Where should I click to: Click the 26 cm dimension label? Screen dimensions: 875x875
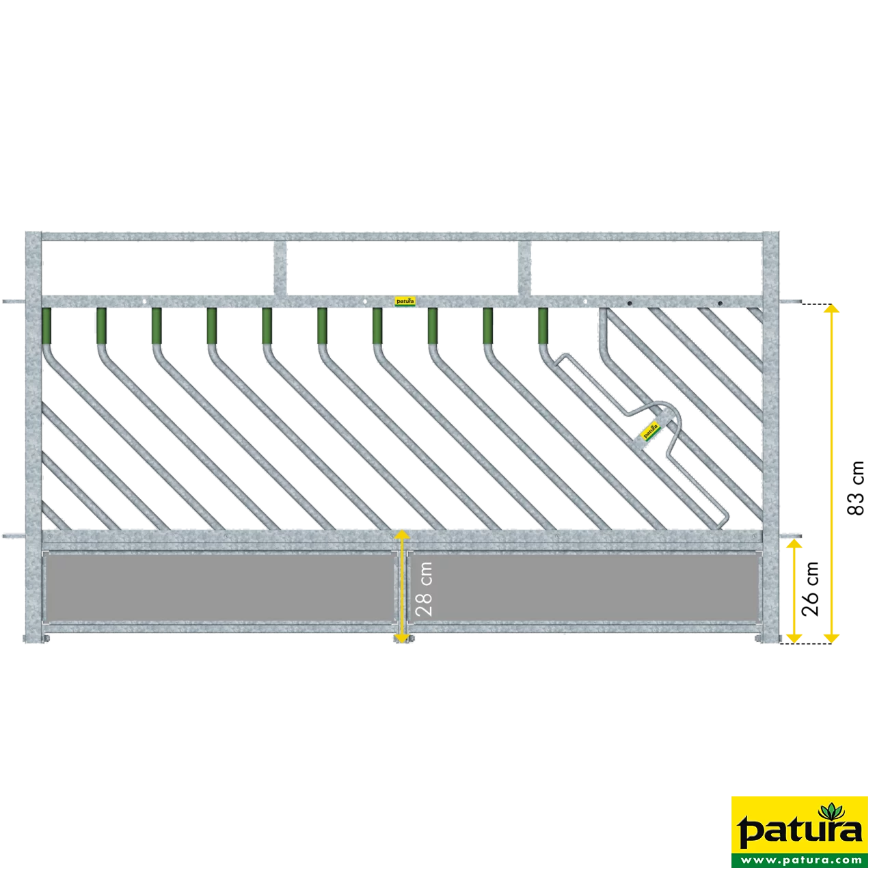pyautogui.click(x=810, y=589)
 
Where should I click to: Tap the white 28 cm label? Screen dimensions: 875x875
pyautogui.click(x=424, y=589)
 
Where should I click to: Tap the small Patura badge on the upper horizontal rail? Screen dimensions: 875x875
pyautogui.click(x=405, y=301)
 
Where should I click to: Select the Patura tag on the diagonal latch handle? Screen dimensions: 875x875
pyautogui.click(x=650, y=430)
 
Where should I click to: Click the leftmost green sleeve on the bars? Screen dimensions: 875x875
pyautogui.click(x=46, y=325)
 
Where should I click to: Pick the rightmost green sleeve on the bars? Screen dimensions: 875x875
pyautogui.click(x=543, y=325)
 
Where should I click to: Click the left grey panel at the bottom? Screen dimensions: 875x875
pyautogui.click(x=220, y=588)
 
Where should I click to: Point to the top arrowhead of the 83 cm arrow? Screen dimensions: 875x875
pyautogui.click(x=831, y=309)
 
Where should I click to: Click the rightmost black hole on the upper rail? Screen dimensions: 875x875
pyautogui.click(x=720, y=303)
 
